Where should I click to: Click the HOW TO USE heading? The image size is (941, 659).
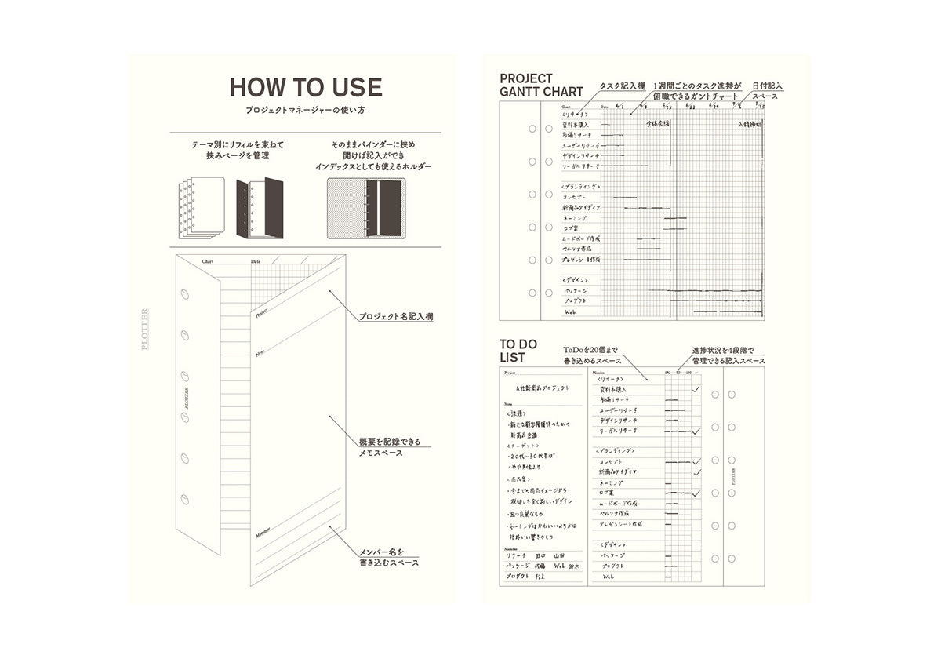point(306,87)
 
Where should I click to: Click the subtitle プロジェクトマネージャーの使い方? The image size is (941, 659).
point(306,111)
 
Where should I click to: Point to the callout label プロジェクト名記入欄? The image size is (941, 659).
point(396,317)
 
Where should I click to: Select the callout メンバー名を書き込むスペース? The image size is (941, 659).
point(388,556)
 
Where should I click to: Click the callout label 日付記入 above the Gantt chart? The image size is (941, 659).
point(768,86)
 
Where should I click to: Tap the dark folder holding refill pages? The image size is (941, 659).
point(259,208)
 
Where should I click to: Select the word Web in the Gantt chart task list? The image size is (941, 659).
point(572,311)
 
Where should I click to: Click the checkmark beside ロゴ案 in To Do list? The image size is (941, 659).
point(695,493)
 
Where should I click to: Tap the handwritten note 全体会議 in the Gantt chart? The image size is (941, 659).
point(658,124)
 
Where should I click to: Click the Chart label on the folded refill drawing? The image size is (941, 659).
point(208,261)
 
